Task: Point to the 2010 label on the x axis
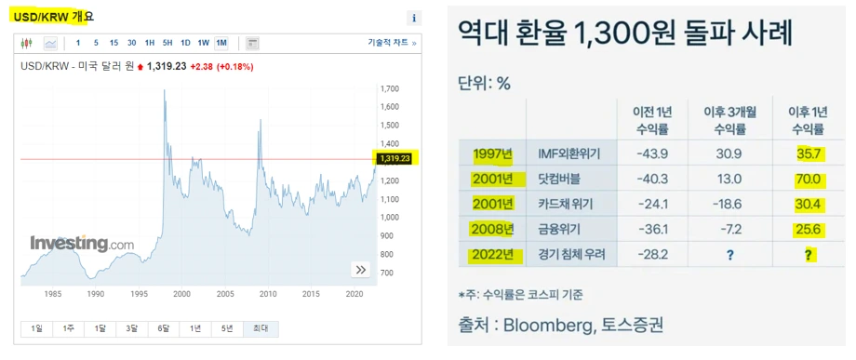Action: [x=269, y=293]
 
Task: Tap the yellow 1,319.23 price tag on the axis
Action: [x=395, y=159]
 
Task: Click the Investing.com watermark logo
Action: [x=83, y=244]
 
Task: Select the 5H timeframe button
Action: [x=167, y=43]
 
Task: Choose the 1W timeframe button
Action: [x=203, y=43]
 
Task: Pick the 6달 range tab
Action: [x=164, y=328]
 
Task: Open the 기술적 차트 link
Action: [x=392, y=43]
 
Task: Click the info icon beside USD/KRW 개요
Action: [x=414, y=18]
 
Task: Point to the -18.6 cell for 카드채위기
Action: [x=729, y=204]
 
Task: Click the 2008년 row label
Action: [x=493, y=229]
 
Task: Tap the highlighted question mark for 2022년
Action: [x=809, y=254]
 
